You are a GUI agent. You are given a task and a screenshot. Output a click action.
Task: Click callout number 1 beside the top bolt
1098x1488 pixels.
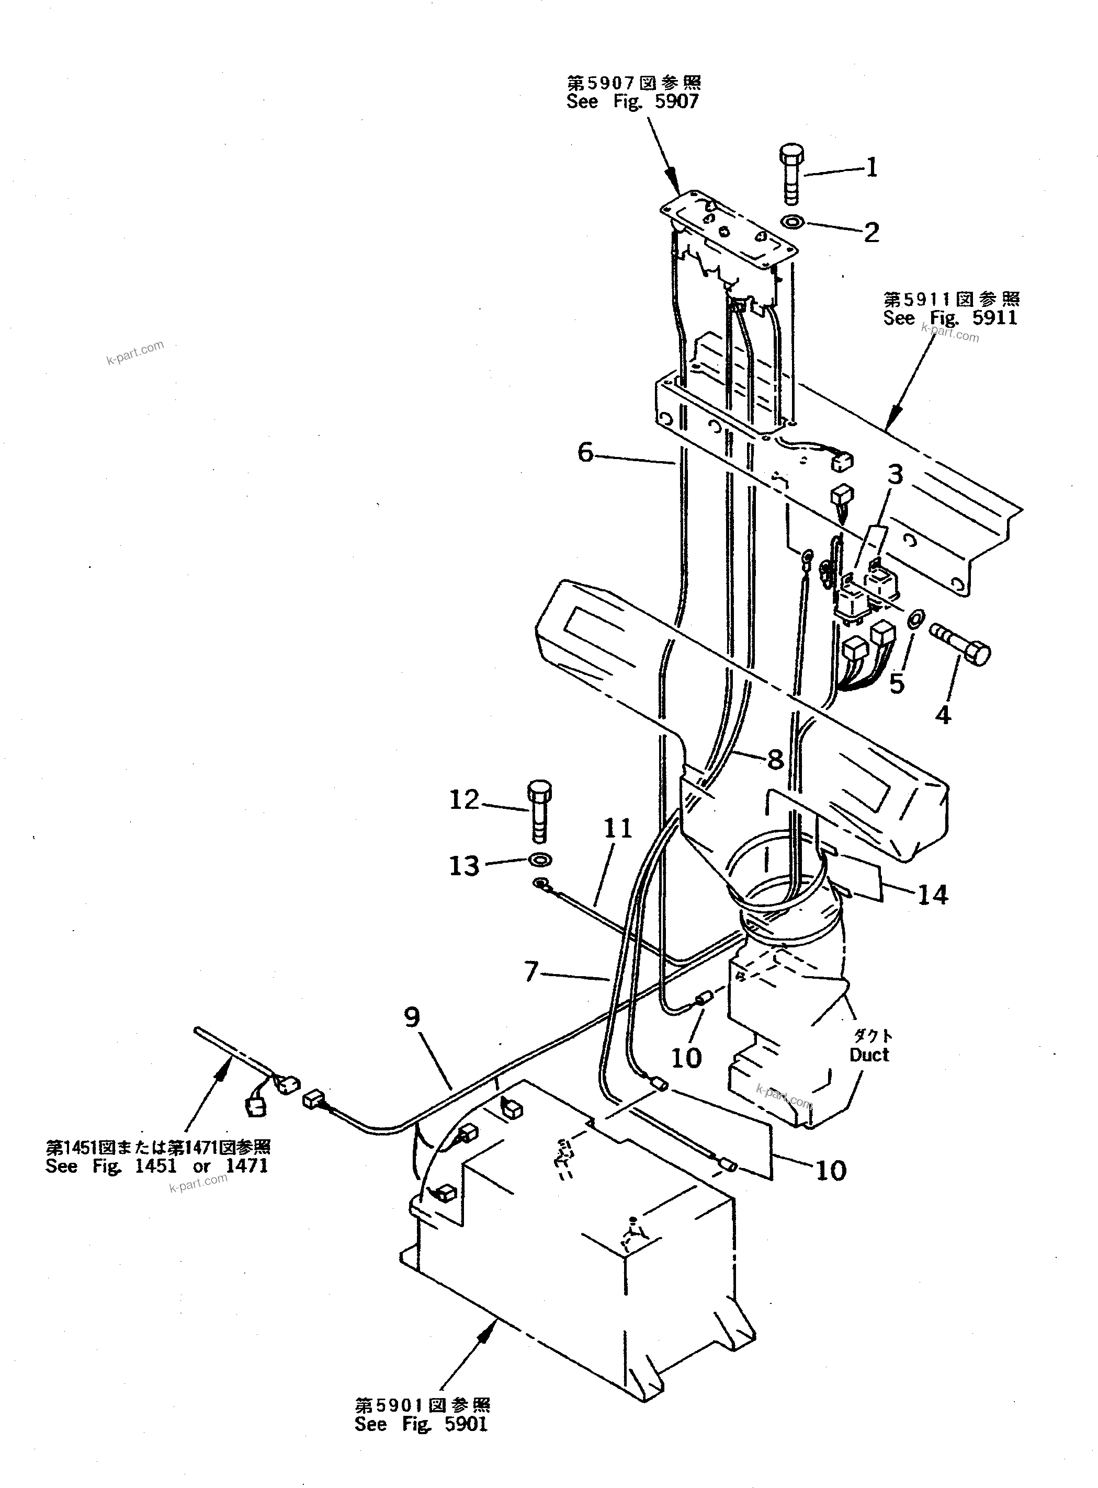click(872, 167)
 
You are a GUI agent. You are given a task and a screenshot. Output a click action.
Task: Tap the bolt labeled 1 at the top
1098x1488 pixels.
click(790, 172)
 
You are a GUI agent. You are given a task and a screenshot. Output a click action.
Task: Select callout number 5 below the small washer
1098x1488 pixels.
click(897, 683)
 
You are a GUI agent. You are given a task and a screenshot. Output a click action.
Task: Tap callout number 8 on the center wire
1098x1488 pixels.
click(775, 759)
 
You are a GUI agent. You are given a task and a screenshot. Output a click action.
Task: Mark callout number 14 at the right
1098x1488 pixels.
click(933, 895)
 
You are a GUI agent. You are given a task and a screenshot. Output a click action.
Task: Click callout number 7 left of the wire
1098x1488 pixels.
click(531, 972)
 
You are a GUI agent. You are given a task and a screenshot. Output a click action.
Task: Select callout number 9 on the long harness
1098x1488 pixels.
click(412, 1016)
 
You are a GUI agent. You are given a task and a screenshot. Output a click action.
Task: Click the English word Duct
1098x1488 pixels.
click(869, 1055)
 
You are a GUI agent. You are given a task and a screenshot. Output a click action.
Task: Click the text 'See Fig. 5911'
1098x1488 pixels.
click(950, 318)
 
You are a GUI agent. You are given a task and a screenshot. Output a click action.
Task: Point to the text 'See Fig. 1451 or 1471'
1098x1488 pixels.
click(157, 1166)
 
